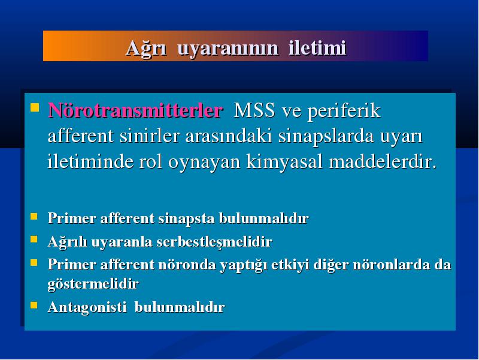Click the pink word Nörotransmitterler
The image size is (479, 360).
tap(135, 110)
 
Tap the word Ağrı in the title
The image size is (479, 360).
tap(145, 49)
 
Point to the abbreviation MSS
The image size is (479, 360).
tap(254, 110)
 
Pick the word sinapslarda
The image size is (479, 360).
tap(326, 137)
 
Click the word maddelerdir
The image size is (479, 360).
tap(383, 161)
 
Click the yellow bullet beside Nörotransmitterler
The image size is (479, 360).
tap(35, 107)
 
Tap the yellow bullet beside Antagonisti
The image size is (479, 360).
tap(34, 305)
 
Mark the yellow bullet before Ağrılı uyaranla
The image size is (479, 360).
tap(34, 239)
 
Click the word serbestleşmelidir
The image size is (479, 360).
tap(214, 242)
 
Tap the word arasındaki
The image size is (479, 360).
tap(229, 136)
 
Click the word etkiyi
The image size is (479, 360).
tap(290, 265)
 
